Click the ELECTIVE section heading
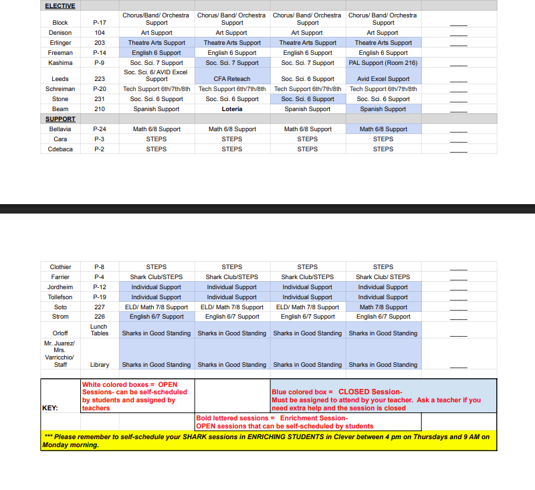pyautogui.click(x=60, y=6)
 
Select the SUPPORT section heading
pyautogui.click(x=60, y=119)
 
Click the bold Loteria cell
pyautogui.click(x=232, y=109)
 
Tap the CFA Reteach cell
pyautogui.click(x=232, y=79)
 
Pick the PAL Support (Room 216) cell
pyautogui.click(x=383, y=63)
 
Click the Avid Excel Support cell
pyautogui.click(x=383, y=79)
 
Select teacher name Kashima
pyautogui.click(x=60, y=63)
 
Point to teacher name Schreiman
pyautogui.click(x=60, y=89)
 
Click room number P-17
pyautogui.click(x=100, y=23)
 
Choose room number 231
pyautogui.click(x=100, y=99)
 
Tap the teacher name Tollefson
pyautogui.click(x=60, y=297)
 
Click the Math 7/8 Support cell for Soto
pyautogui.click(x=383, y=307)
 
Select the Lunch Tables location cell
pyautogui.click(x=100, y=330)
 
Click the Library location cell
pyautogui.click(x=100, y=365)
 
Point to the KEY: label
pyautogui.click(x=49, y=408)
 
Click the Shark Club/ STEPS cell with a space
pyautogui.click(x=383, y=277)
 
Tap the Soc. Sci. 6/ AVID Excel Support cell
pyautogui.click(x=156, y=75)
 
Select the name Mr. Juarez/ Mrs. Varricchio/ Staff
pyautogui.click(x=60, y=354)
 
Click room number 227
pyautogui.click(x=100, y=307)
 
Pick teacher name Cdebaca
pyautogui.click(x=60, y=149)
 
